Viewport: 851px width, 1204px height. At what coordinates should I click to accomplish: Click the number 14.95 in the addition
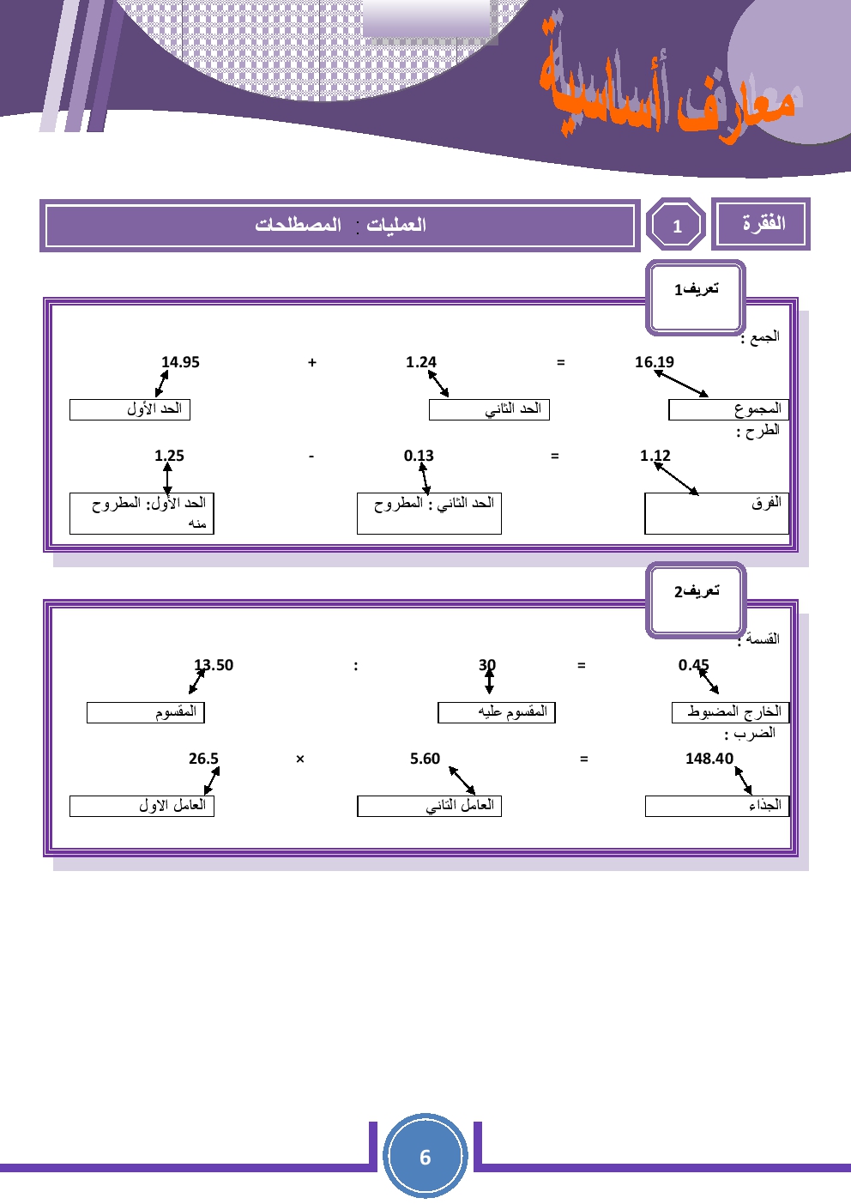(180, 362)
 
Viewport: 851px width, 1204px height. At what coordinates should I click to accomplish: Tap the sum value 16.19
(655, 362)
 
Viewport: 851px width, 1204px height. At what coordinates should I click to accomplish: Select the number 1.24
(421, 362)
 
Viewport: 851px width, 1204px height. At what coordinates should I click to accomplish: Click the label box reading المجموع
(727, 409)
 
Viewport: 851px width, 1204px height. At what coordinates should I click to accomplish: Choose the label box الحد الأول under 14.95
(130, 409)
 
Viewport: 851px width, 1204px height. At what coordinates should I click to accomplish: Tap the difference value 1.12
(655, 456)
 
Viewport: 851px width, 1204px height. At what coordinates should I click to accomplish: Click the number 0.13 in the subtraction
(419, 456)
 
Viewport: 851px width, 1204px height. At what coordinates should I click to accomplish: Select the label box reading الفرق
(716, 513)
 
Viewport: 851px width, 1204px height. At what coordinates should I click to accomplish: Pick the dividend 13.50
(214, 665)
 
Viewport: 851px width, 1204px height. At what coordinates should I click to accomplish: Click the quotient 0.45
(694, 665)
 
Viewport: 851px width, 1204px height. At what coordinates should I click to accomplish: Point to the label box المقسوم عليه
(497, 712)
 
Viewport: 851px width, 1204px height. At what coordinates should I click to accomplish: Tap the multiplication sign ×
(300, 759)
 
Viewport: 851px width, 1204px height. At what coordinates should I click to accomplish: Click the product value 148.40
(709, 759)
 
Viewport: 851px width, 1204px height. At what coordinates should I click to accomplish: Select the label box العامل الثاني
(429, 806)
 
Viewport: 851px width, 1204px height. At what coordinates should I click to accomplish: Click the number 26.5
(203, 759)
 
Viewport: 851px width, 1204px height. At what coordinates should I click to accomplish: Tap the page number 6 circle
(425, 1156)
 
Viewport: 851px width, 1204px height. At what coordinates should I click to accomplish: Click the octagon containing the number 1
(676, 226)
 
